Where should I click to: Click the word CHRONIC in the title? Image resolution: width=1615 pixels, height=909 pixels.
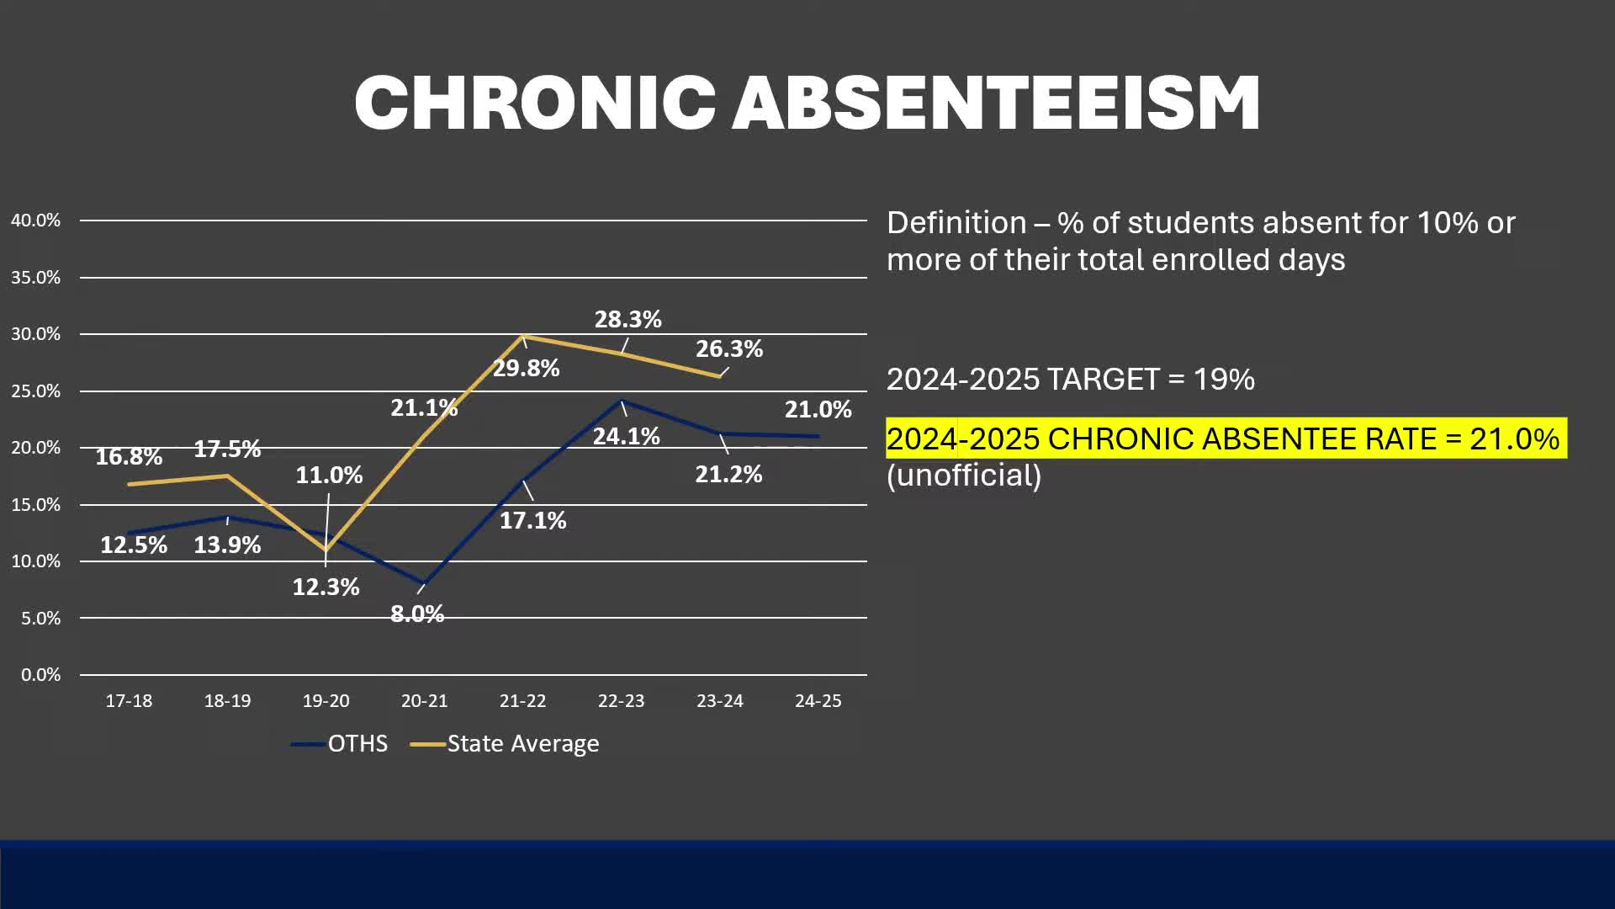[x=535, y=103]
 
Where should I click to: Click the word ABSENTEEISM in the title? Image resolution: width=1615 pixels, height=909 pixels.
[x=996, y=103]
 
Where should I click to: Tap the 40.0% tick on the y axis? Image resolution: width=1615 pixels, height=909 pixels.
[x=35, y=221]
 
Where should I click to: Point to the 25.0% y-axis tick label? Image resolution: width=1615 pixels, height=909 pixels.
[x=35, y=391]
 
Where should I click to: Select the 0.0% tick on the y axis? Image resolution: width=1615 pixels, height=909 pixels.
[x=40, y=675]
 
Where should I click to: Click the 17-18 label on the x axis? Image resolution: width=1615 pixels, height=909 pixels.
[x=129, y=701]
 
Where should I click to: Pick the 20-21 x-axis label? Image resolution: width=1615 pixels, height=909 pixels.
[x=424, y=701]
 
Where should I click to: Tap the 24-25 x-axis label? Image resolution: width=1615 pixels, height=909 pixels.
[x=818, y=701]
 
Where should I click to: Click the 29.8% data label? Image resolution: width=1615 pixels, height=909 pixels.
[x=526, y=369]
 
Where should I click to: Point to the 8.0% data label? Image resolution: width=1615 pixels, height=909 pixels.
[x=417, y=614]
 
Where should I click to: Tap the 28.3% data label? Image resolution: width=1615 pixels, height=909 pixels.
[x=627, y=320]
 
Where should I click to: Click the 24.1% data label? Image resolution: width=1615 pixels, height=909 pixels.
[x=626, y=437]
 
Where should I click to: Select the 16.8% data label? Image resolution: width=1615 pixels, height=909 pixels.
[x=129, y=457]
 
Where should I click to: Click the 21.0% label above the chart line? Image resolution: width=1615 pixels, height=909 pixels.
[x=818, y=410]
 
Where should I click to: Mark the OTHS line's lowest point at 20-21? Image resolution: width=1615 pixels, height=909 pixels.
[x=424, y=583]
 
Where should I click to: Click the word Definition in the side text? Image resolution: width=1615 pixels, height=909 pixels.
[x=956, y=223]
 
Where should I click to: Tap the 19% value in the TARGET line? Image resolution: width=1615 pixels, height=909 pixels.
[x=1224, y=380]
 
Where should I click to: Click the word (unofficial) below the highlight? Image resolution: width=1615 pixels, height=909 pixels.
[x=964, y=476]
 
